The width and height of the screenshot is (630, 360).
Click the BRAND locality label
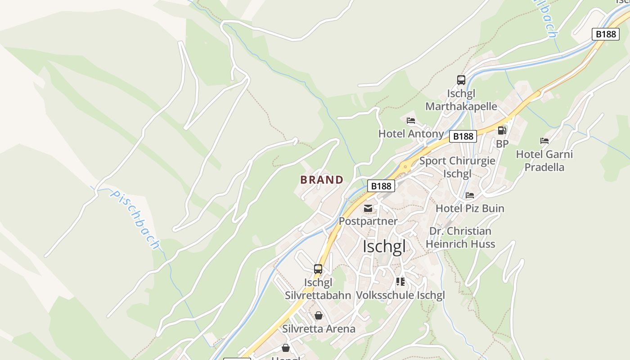[322, 180]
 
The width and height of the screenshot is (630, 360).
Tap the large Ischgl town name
[384, 247]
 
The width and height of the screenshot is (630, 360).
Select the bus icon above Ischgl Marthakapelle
[461, 80]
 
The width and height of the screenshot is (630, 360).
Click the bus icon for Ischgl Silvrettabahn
[318, 269]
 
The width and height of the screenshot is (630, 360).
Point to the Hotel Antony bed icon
[411, 121]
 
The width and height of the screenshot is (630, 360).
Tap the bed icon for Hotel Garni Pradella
[544, 141]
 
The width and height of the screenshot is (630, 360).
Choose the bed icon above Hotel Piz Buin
[470, 195]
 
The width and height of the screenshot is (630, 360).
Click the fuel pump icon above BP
[502, 130]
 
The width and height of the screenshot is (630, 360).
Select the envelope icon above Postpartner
[368, 208]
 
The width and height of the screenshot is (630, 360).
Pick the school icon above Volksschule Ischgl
[400, 282]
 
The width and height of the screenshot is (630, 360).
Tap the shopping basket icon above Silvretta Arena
[319, 315]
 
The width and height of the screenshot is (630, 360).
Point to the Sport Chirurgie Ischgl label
[457, 167]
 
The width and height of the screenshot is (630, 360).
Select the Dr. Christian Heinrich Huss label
[460, 238]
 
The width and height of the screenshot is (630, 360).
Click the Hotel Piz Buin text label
[470, 208]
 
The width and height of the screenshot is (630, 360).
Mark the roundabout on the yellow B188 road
[405, 166]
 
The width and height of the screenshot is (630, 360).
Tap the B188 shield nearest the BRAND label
[381, 186]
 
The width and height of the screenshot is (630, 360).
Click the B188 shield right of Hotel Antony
[463, 136]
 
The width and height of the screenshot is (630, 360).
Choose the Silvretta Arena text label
[319, 329]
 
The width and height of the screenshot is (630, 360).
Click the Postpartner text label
[368, 221]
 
